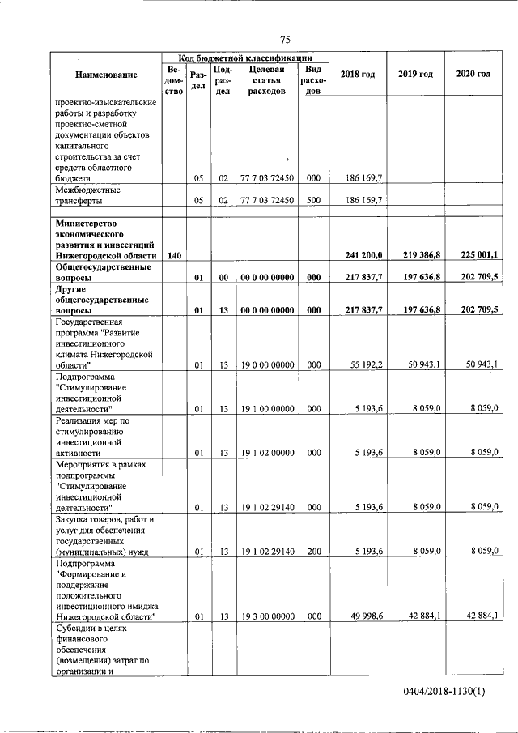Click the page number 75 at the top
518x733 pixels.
(285, 40)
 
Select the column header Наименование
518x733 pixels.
(106, 75)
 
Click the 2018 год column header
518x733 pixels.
(357, 75)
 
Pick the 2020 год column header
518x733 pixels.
(473, 75)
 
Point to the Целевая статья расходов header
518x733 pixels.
(266, 80)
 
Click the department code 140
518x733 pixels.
(174, 255)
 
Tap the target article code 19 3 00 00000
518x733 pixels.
(266, 616)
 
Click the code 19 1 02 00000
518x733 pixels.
(266, 453)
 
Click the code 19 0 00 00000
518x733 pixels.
(266, 365)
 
